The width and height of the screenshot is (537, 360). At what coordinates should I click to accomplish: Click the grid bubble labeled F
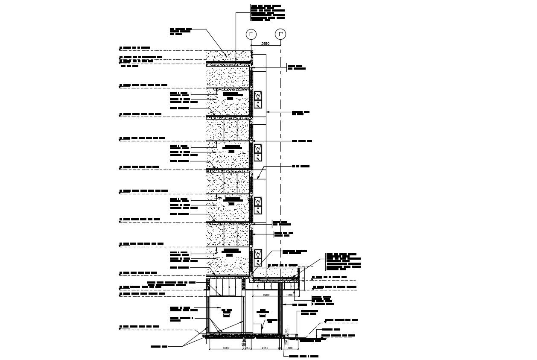point(251,34)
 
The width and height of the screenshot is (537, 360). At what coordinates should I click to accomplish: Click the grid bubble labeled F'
point(280,34)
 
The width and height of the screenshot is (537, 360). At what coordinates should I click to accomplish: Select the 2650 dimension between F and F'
point(266,44)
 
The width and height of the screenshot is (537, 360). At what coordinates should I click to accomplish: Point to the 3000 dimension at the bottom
point(226,348)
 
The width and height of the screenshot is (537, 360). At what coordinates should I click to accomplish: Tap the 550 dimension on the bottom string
point(248,348)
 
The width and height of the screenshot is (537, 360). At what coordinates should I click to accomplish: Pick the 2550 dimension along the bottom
point(265,348)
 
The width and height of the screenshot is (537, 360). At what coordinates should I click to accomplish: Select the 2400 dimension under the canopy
point(266,295)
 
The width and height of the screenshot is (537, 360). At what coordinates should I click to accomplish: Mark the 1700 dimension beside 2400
point(289,295)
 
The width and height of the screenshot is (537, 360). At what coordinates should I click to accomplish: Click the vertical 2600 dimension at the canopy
point(302,279)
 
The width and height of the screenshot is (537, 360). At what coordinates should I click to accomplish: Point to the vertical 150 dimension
point(286,330)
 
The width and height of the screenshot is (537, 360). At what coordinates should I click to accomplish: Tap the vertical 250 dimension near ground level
point(286,340)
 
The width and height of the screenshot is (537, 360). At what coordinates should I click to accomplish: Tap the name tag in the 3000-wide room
point(226,313)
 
